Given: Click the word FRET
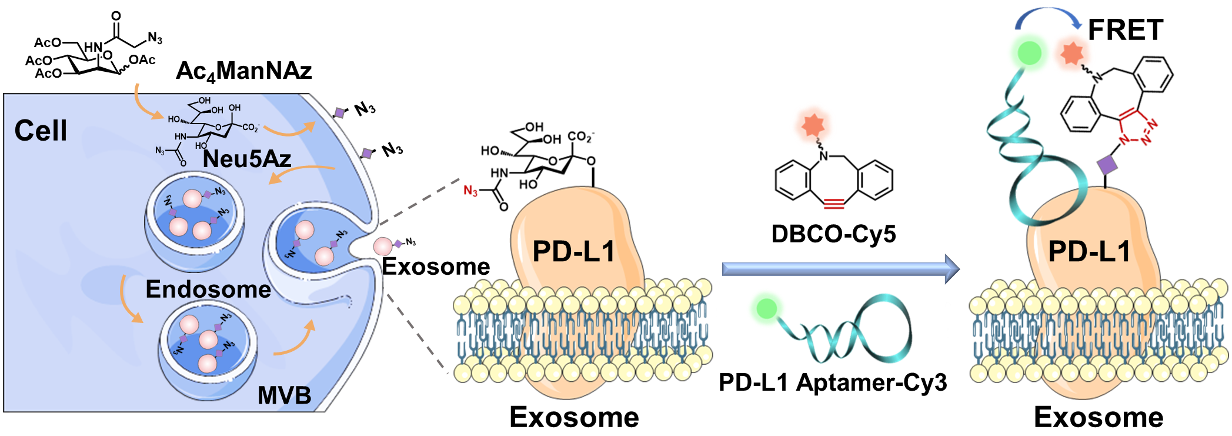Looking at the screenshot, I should tap(1125, 30).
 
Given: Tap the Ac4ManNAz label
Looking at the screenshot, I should tap(243, 72).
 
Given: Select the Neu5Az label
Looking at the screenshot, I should tap(247, 159).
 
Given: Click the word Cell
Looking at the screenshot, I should tap(41, 131).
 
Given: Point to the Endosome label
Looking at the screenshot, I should tap(208, 289).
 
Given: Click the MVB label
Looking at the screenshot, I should tap(284, 395).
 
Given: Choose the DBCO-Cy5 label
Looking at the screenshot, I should tap(833, 234).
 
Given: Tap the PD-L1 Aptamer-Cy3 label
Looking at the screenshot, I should tap(833, 382).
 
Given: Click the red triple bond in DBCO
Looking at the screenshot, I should tap(834, 204).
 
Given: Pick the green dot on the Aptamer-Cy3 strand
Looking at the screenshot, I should tap(766, 308).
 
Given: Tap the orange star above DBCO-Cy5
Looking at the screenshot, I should tap(813, 125).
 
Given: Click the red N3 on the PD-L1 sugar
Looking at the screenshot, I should tap(470, 191).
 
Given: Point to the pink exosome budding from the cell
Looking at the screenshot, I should tap(383, 245).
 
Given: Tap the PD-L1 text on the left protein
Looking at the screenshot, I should tap(573, 251).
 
